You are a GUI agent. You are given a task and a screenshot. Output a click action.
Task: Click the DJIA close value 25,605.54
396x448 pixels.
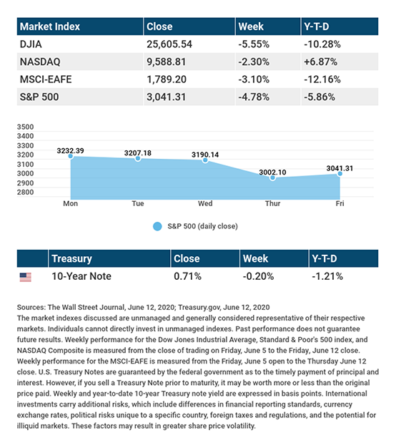pyautogui.click(x=169, y=44)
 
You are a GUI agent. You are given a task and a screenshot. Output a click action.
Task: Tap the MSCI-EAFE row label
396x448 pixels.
pyautogui.click(x=46, y=79)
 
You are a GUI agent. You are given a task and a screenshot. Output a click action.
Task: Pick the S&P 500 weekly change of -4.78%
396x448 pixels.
pyautogui.click(x=254, y=97)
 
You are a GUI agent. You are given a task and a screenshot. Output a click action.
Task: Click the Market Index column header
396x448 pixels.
pyautogui.click(x=49, y=26)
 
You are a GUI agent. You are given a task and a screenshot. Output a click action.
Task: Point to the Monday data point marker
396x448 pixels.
pyautogui.click(x=71, y=156)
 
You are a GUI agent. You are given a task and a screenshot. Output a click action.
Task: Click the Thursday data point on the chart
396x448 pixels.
pyautogui.click(x=273, y=177)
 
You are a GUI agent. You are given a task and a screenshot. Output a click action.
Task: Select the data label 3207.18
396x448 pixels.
pyautogui.click(x=137, y=153)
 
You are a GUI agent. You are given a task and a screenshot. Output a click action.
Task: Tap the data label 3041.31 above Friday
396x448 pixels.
pyautogui.click(x=340, y=168)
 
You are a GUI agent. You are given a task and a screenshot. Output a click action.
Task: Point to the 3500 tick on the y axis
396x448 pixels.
pyautogui.click(x=25, y=127)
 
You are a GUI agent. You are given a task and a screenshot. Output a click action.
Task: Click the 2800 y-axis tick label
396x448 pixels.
pyautogui.click(x=25, y=192)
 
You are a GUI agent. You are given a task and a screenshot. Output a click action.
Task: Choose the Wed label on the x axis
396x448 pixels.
pyautogui.click(x=205, y=203)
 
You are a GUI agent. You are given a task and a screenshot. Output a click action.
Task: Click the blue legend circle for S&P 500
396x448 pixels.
pyautogui.click(x=157, y=226)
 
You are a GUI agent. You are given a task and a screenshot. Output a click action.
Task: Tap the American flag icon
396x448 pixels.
pyautogui.click(x=26, y=277)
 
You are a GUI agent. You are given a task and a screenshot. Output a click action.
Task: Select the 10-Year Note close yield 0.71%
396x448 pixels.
pyautogui.click(x=187, y=276)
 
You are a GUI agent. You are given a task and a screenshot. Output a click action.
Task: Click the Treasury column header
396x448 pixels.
pyautogui.click(x=71, y=258)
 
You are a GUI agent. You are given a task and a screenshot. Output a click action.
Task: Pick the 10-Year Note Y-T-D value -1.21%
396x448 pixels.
pyautogui.click(x=327, y=276)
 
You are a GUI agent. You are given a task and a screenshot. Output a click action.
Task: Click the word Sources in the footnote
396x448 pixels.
pyautogui.click(x=31, y=308)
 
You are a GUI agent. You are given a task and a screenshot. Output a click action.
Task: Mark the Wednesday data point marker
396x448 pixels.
pyautogui.click(x=205, y=160)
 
